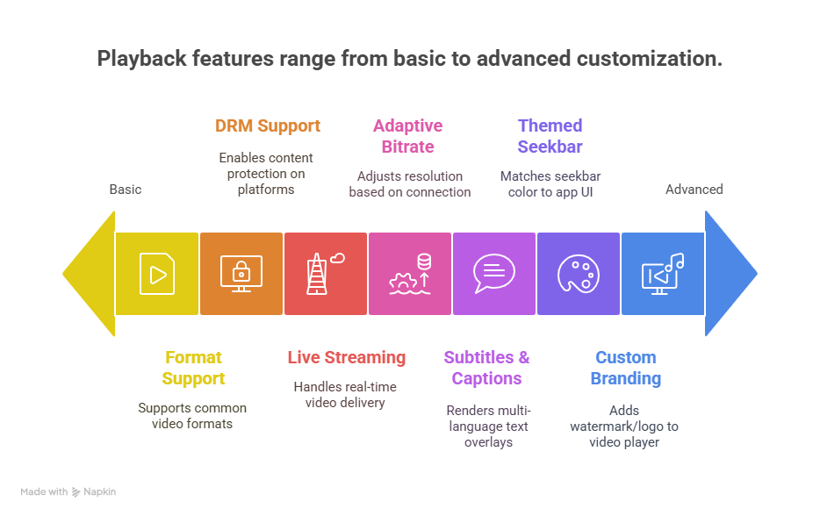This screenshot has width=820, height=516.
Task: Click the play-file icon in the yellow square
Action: pos(157,274)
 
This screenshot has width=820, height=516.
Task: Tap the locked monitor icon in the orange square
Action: pos(241,274)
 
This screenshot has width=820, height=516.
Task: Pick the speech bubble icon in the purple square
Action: pos(493,273)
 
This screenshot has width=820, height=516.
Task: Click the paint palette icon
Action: pos(578,274)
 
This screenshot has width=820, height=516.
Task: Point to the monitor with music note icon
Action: pos(663,274)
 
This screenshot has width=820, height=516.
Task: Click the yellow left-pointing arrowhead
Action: pos(89,274)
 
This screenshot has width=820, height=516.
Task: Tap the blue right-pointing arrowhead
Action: pos(730,274)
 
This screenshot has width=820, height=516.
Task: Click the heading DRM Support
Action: pos(267,126)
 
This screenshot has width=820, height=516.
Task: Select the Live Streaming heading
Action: pos(346,357)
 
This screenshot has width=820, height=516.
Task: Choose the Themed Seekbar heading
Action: pos(550,136)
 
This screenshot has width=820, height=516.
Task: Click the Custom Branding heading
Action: pos(625,368)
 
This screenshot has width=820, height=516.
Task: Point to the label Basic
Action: pos(126,190)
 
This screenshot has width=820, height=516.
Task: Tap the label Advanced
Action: pos(694,190)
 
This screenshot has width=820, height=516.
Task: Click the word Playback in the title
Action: pos(141,59)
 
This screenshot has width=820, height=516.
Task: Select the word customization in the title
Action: pos(650,59)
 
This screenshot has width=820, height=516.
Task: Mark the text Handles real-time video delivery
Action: pos(345,395)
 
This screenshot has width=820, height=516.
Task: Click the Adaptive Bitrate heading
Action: pos(408,136)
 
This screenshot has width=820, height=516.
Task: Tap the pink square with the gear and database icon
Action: pos(409,274)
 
